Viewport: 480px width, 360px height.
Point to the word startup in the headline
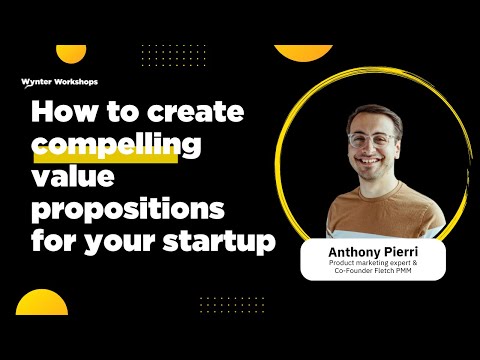[225, 243]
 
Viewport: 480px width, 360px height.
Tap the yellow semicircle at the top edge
[303, 52]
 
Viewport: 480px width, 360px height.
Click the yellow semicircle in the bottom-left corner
[41, 304]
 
